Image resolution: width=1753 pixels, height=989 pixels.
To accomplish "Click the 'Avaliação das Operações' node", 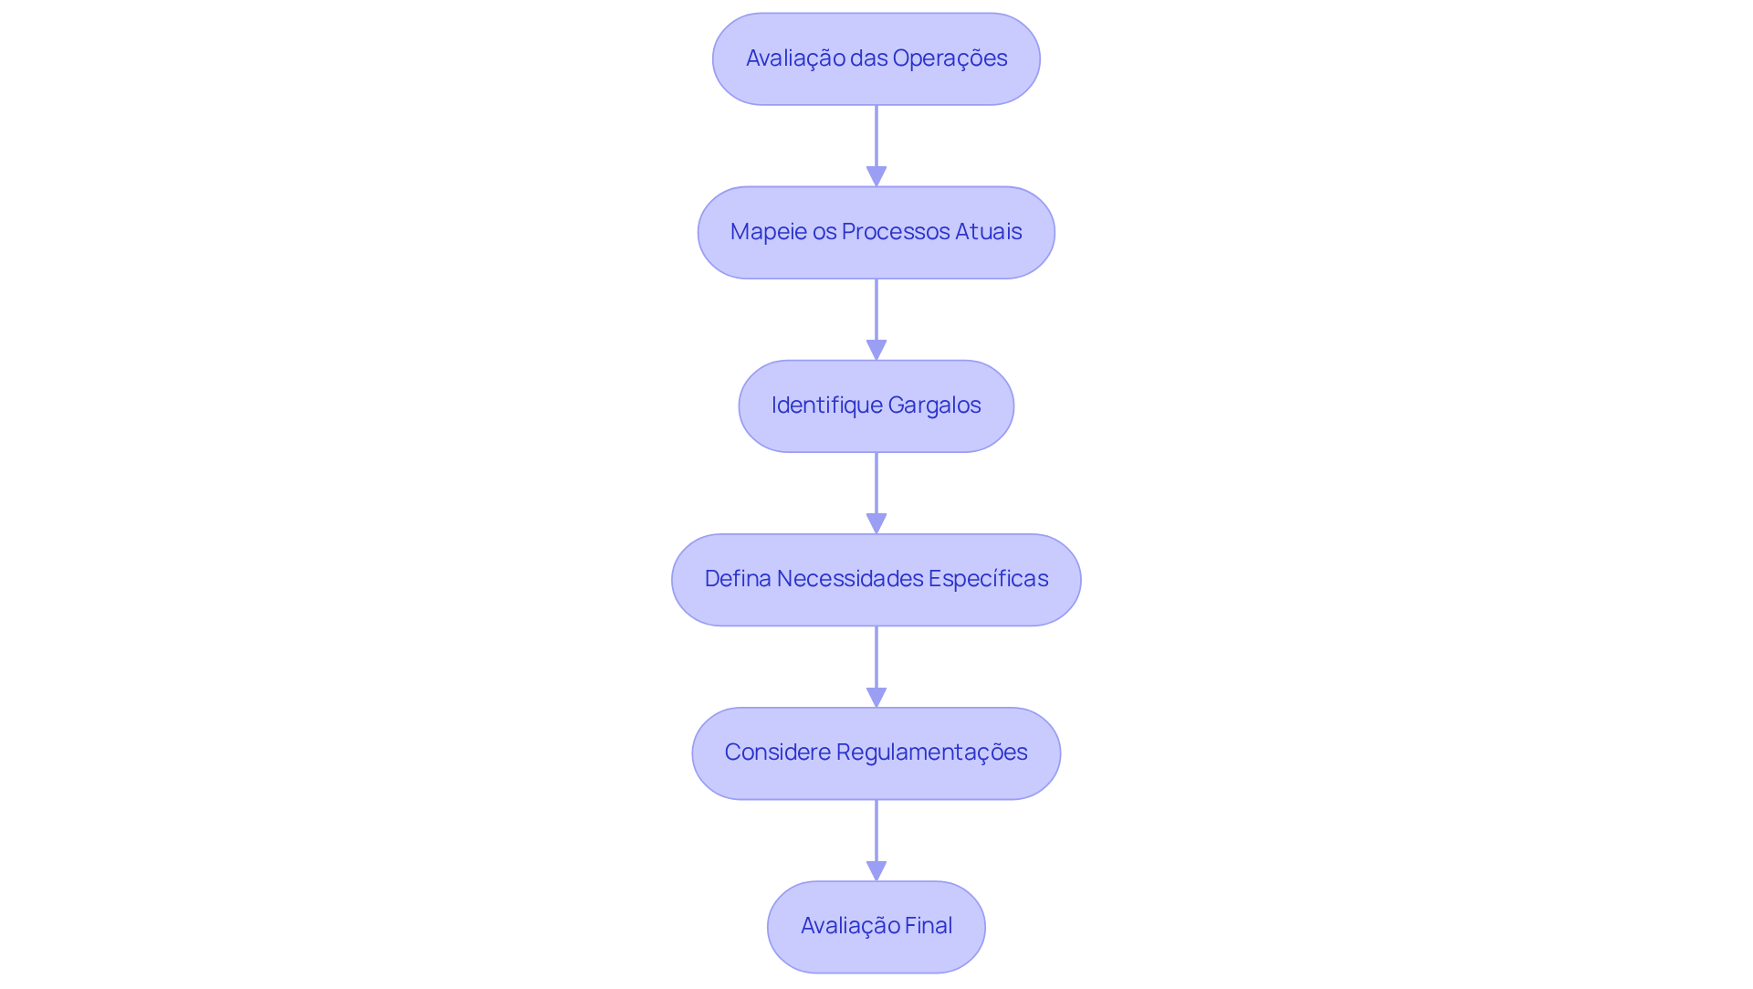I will point(876,58).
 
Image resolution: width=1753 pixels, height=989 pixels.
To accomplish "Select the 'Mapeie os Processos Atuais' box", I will point(876,232).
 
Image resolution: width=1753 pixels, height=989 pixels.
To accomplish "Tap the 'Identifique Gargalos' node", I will point(876,405).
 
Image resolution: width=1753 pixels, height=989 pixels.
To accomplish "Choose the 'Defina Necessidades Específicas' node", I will point(876,579).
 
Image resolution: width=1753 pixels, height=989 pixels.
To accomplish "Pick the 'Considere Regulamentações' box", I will point(876,752).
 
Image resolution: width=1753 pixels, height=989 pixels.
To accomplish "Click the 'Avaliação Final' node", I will point(876,926).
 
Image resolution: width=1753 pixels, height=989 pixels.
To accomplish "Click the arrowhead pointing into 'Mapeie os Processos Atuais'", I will point(876,176).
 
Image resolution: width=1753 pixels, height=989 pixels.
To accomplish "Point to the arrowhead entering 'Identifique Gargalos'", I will point(876,350).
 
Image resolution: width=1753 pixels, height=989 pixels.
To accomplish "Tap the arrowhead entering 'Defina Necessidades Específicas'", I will point(876,523).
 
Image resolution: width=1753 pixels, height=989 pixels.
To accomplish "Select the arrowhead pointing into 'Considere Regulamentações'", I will point(876,697).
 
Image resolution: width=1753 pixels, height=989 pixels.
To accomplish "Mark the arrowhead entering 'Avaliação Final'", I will point(876,870).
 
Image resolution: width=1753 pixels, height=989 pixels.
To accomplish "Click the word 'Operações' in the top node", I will point(950,58).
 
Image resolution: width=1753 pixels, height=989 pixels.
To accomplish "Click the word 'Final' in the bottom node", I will point(929,926).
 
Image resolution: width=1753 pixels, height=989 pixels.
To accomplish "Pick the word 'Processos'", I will point(895,232).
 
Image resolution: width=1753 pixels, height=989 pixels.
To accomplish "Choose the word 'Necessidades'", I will point(849,579).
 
